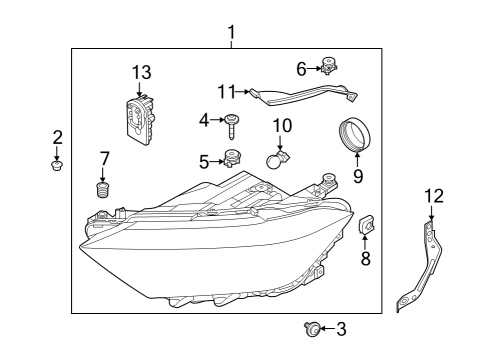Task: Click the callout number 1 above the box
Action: click(232, 32)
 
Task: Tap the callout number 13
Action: click(142, 72)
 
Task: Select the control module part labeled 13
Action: click(141, 119)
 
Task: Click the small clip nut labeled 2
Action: click(57, 165)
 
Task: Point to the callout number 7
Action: click(104, 158)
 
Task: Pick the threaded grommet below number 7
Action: click(103, 190)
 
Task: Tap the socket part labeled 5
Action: click(233, 158)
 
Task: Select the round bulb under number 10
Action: click(277, 159)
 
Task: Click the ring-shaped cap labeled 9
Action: click(355, 134)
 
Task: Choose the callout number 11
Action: click(227, 92)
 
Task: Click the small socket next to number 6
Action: click(329, 66)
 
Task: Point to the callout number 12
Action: click(434, 196)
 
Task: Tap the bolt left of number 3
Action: click(312, 329)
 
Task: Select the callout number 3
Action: click(341, 329)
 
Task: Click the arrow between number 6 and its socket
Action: click(314, 69)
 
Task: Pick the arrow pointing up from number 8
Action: click(365, 242)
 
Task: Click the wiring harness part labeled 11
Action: click(304, 94)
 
